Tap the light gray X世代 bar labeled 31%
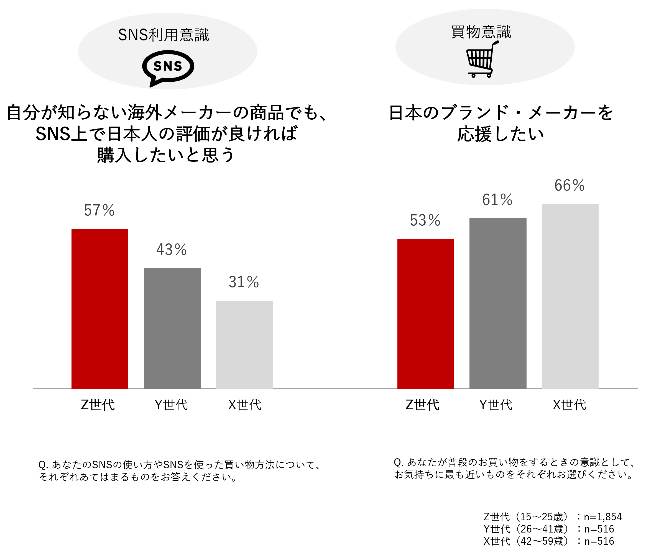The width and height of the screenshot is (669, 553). (x=244, y=344)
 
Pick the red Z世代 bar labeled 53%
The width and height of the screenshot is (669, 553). (x=426, y=313)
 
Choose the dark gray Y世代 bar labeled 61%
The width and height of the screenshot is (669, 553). (x=498, y=303)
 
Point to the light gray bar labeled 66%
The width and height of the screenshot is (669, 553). (x=570, y=296)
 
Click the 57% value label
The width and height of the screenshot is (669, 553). (x=99, y=210)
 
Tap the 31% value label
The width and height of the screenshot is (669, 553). (x=244, y=282)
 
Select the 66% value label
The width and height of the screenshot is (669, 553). (x=569, y=185)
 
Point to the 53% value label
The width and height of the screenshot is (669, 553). (x=425, y=220)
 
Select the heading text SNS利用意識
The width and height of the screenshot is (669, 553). (x=164, y=35)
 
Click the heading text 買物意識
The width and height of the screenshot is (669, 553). (x=481, y=32)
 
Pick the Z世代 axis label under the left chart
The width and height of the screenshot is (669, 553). (x=98, y=405)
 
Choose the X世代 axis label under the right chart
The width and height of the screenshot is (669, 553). (x=569, y=405)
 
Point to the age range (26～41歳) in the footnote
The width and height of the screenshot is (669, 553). (x=542, y=529)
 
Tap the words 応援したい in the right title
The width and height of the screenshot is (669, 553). (x=501, y=134)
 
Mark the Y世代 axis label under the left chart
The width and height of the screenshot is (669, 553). (x=171, y=405)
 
